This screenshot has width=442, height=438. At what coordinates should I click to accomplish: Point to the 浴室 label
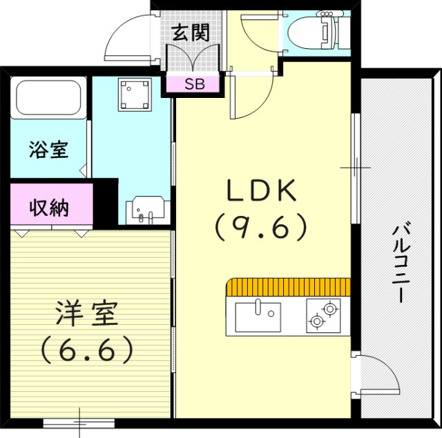pyautogui.click(x=49, y=150)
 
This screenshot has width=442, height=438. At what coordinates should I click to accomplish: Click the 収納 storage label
pyautogui.click(x=49, y=208)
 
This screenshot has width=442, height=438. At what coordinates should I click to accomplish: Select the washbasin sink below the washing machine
pyautogui.click(x=146, y=209)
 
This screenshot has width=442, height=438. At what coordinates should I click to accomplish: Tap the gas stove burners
pyautogui.click(x=323, y=315)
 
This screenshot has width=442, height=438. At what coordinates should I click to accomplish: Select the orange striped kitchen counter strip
pyautogui.click(x=291, y=286)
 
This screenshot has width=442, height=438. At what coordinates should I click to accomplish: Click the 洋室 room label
pyautogui.click(x=86, y=315)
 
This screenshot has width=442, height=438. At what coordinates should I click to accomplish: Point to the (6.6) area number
pyautogui.click(x=87, y=351)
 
